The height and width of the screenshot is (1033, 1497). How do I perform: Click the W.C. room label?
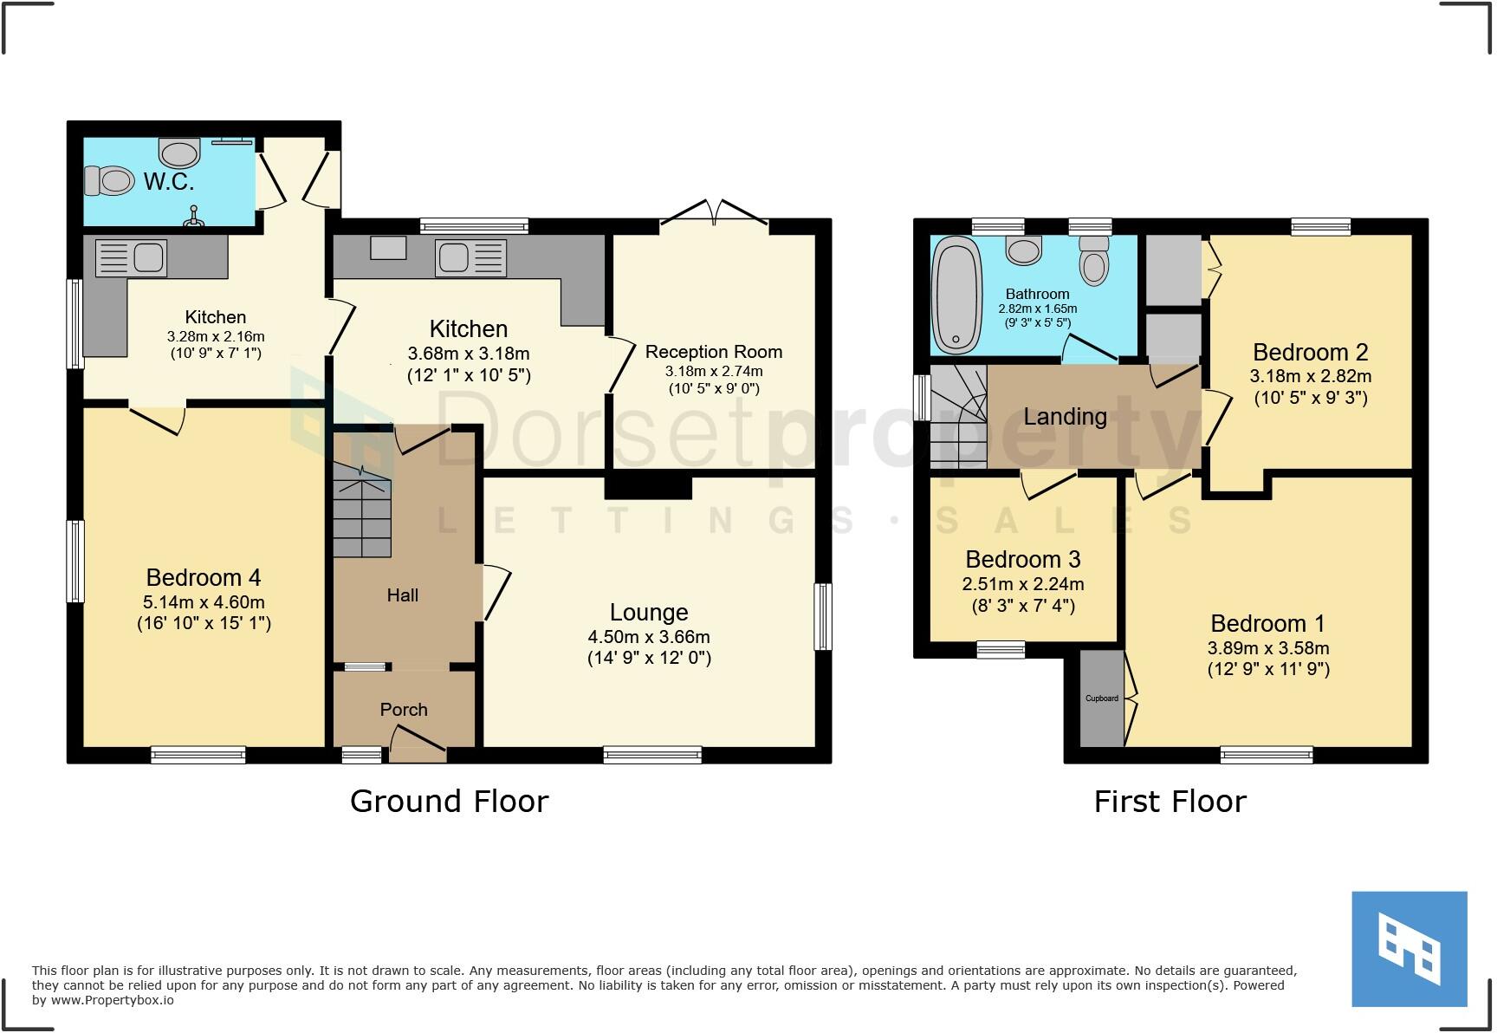169,182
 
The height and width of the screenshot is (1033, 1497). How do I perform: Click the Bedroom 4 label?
204,578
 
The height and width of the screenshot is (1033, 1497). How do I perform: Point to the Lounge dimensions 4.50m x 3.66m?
649,637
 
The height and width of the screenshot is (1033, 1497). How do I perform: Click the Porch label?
404,710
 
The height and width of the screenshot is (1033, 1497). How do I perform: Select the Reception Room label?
714,352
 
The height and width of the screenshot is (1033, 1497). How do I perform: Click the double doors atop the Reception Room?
715,213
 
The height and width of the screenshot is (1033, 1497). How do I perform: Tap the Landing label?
1066,417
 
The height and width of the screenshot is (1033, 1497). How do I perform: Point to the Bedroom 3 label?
1023,560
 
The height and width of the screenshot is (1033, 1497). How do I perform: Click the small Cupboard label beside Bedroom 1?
1102,698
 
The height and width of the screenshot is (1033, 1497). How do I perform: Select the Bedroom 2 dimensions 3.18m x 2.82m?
1310,377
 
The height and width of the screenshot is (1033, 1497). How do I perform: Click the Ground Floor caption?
449,802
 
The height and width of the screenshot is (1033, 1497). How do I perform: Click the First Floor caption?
1170,802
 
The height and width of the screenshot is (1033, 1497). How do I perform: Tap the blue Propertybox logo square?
1410,949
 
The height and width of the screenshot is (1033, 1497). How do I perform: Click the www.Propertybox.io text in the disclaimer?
112,1000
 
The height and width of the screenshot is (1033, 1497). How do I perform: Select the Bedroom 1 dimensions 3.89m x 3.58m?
1268,648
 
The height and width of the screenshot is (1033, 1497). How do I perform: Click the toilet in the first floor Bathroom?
1094,262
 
